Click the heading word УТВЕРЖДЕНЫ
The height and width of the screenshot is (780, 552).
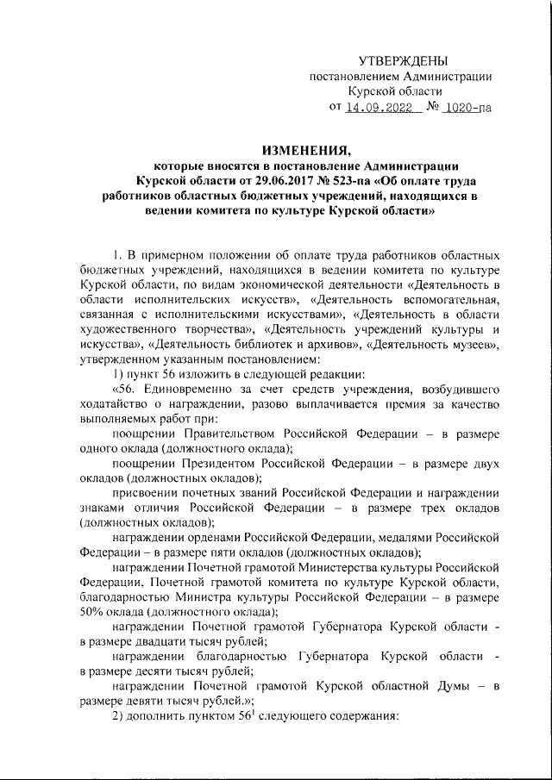(404, 60)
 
